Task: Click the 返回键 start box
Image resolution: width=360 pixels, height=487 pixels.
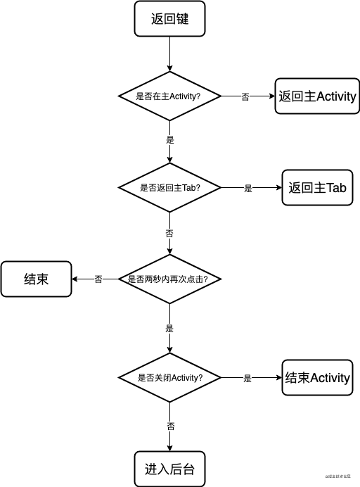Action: tap(169, 19)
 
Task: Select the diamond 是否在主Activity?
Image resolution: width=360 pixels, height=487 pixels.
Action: tap(169, 96)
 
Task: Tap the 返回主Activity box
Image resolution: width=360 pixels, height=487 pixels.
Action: tap(317, 96)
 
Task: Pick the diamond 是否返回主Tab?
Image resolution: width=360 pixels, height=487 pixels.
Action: tap(169, 188)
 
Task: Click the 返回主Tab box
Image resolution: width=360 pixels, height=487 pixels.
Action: tap(317, 188)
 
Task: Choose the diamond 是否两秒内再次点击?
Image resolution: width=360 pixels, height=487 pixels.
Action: tap(169, 279)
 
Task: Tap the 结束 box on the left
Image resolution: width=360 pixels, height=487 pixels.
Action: tap(36, 279)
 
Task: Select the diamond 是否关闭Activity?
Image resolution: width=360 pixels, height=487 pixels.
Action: tap(169, 378)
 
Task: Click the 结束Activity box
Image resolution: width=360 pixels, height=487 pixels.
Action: tap(317, 378)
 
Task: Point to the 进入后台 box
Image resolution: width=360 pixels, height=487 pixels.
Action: tap(169, 469)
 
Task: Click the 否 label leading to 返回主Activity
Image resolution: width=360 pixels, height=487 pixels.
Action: tap(245, 96)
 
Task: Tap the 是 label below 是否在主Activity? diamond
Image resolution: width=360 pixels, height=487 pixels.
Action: tap(170, 139)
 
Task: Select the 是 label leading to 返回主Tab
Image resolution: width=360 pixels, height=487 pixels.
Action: tap(247, 189)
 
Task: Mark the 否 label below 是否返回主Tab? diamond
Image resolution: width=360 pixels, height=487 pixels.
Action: tap(170, 232)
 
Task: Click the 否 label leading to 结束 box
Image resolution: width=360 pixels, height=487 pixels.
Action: tap(98, 279)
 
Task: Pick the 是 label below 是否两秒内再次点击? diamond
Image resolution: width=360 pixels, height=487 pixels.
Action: tap(170, 328)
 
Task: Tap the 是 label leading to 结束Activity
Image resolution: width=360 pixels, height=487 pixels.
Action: tap(247, 379)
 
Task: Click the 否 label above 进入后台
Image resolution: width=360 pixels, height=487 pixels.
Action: tap(170, 426)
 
